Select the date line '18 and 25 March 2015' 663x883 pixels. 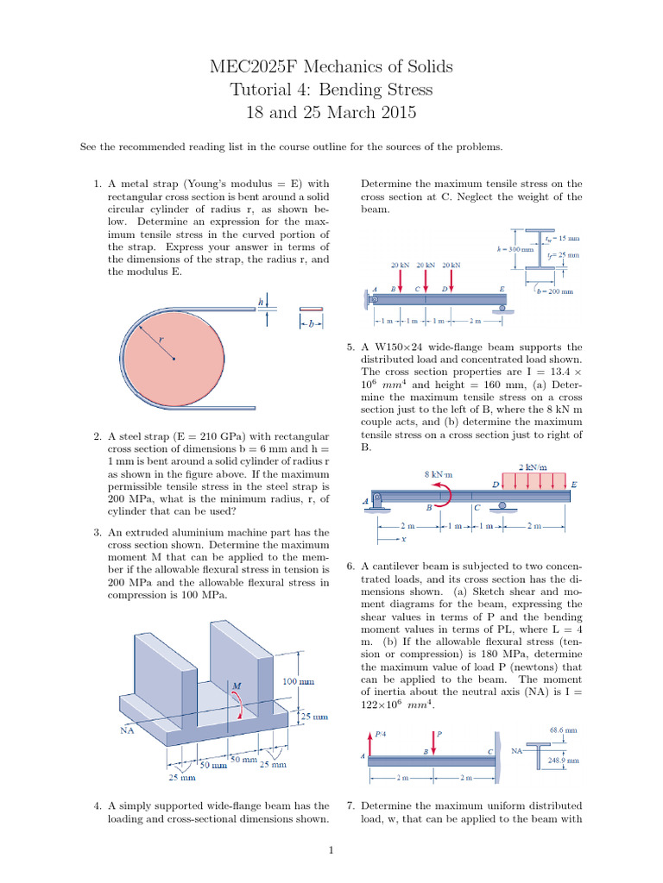click(x=331, y=112)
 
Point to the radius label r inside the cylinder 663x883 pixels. click(x=161, y=340)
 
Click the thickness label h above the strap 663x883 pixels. click(x=260, y=303)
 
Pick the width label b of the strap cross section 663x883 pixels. click(x=312, y=327)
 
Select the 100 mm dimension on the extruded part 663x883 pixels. click(x=298, y=682)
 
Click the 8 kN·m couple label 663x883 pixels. click(x=439, y=473)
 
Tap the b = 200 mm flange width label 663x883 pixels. click(x=554, y=291)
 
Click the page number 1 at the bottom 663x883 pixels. click(x=331, y=852)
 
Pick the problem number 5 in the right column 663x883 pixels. click(x=350, y=346)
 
